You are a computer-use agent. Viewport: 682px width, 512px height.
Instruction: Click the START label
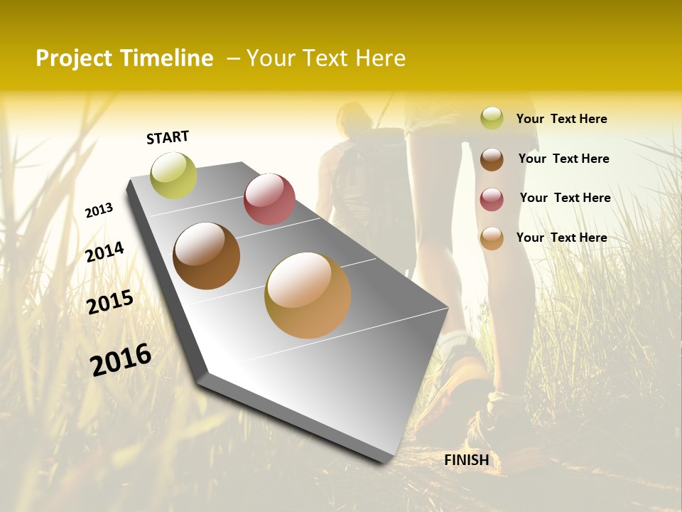click(x=168, y=137)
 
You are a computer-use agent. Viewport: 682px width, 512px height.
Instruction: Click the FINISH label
click(x=467, y=460)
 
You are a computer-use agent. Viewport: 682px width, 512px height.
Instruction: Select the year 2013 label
click(x=99, y=210)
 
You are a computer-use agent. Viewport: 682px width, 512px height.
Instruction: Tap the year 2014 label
click(x=104, y=252)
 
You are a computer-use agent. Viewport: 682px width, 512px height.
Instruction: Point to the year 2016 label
click(x=121, y=360)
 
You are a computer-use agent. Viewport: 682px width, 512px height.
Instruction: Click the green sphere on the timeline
click(x=174, y=176)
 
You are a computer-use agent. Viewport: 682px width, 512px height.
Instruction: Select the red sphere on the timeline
click(x=269, y=199)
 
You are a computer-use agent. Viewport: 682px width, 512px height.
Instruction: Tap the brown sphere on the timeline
click(x=207, y=256)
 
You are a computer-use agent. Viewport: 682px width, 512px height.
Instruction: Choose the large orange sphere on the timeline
click(x=308, y=295)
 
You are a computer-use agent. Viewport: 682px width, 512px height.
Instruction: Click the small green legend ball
click(x=492, y=119)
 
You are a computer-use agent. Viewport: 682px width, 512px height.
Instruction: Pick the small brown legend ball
click(x=492, y=159)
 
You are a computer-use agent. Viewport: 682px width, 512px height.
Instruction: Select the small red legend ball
click(x=492, y=198)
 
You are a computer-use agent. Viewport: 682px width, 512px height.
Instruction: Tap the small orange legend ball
click(x=492, y=238)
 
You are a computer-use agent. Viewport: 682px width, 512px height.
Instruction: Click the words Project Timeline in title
click(x=124, y=58)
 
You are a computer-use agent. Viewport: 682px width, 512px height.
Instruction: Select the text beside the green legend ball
click(x=561, y=119)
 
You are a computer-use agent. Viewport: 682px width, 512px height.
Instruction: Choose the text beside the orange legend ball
click(x=561, y=238)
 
